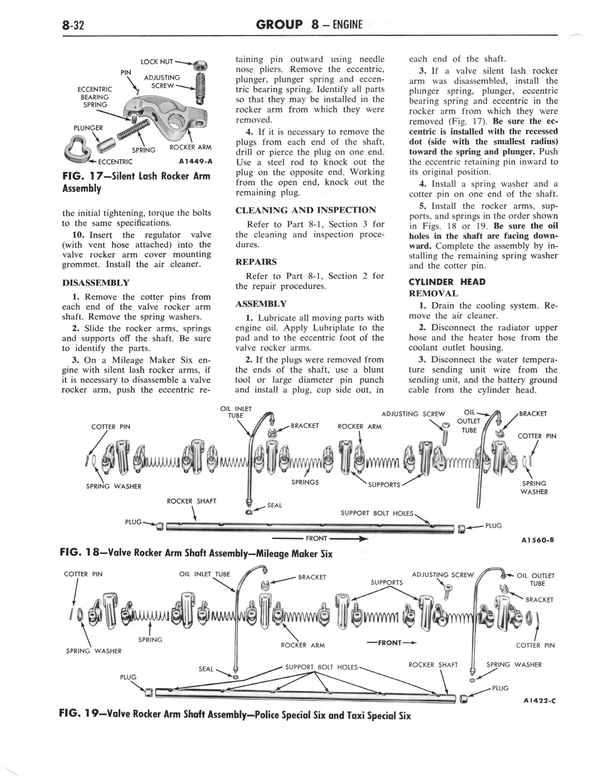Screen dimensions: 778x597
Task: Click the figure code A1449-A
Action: pos(195,162)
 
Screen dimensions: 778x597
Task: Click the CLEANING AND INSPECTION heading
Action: pos(306,210)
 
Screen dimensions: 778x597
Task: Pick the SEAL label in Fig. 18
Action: pos(274,505)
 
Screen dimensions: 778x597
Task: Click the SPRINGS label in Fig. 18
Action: pos(305,482)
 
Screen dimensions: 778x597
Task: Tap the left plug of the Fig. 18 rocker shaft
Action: pos(160,525)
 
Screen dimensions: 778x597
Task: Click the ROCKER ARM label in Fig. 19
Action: pos(303,645)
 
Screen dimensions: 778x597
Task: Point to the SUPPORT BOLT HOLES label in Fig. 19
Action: pos(321,667)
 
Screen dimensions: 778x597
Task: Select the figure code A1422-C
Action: pos(539,701)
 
